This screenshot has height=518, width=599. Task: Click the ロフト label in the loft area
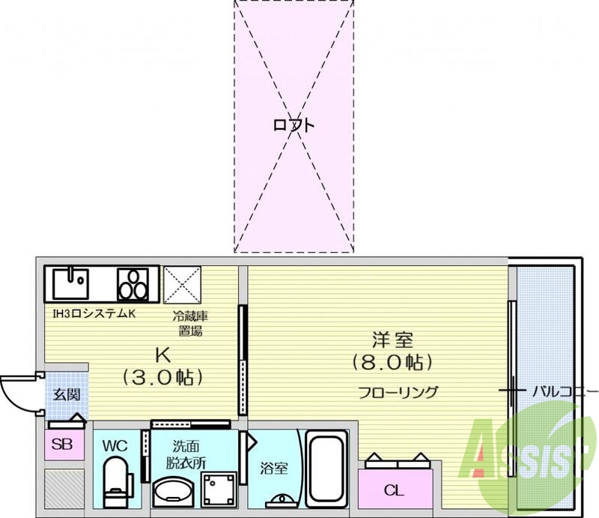(294, 125)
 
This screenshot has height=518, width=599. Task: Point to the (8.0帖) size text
(392, 364)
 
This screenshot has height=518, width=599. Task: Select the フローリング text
(398, 392)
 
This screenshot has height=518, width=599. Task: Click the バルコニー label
(565, 391)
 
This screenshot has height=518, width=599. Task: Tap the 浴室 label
(271, 469)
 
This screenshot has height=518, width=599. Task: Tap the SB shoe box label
(63, 445)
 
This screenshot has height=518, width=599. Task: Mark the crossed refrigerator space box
(183, 284)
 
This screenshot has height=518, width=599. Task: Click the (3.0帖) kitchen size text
(163, 376)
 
